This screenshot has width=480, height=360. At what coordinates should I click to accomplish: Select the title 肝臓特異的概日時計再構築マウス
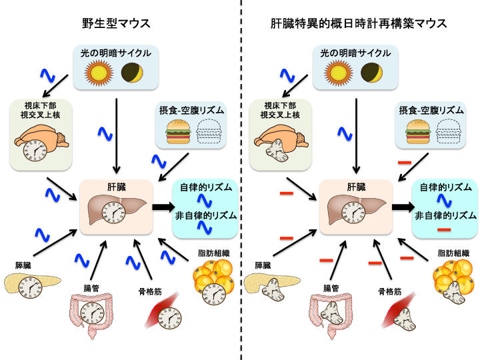(359, 24)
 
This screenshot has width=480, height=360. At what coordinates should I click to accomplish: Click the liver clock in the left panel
(113, 215)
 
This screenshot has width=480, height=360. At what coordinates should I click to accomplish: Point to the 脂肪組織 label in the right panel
(456, 253)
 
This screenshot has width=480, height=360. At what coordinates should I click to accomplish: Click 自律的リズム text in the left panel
(206, 187)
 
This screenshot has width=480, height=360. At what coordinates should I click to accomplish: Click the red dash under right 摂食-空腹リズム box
(403, 163)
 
